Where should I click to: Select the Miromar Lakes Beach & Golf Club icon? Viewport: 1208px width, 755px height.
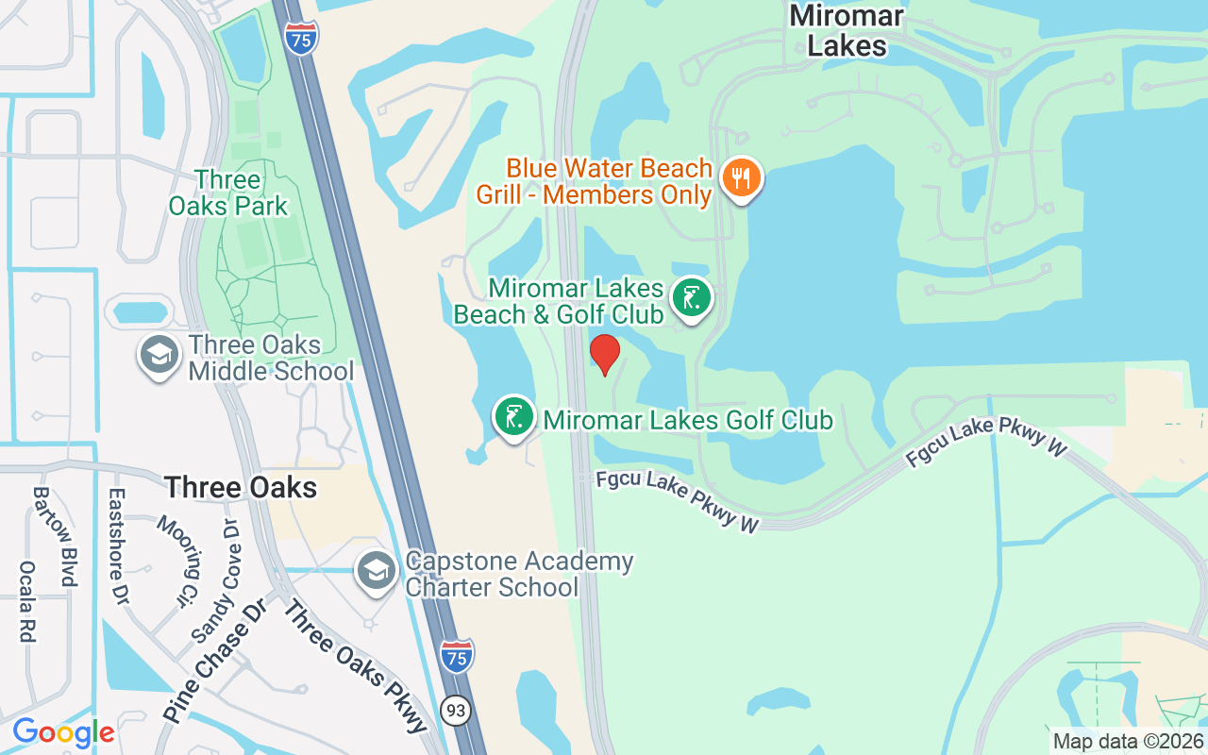pyautogui.click(x=692, y=299)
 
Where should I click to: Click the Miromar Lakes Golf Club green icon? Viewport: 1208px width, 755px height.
pyautogui.click(x=514, y=417)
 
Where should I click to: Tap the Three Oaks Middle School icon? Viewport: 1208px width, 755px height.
pyautogui.click(x=159, y=356)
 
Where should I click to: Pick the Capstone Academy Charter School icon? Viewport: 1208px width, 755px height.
pyautogui.click(x=377, y=572)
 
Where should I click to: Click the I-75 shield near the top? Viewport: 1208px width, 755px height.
pyautogui.click(x=300, y=36)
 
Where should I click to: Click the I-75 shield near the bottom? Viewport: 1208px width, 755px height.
pyautogui.click(x=457, y=656)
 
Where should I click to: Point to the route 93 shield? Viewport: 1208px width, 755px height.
pyautogui.click(x=457, y=710)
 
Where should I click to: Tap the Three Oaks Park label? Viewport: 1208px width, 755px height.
pyautogui.click(x=227, y=193)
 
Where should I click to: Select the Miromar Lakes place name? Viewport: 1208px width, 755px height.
pyautogui.click(x=847, y=30)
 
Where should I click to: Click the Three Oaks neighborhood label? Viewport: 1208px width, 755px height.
pyautogui.click(x=241, y=488)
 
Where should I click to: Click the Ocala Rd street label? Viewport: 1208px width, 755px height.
pyautogui.click(x=26, y=601)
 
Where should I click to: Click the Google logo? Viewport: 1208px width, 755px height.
pyautogui.click(x=63, y=731)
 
